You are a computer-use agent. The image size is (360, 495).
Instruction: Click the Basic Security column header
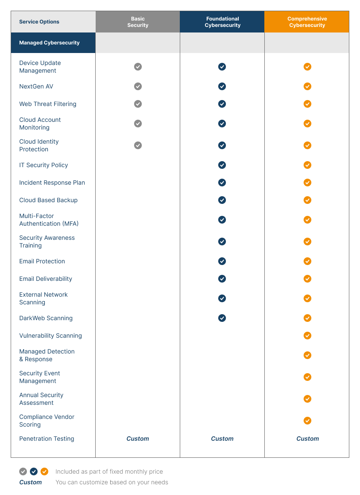[138, 22]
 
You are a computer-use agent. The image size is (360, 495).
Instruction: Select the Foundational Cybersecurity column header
[222, 22]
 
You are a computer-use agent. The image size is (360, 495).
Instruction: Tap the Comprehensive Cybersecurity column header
[307, 22]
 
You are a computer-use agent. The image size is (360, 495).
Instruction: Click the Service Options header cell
[39, 22]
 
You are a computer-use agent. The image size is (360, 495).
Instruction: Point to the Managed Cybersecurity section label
[49, 43]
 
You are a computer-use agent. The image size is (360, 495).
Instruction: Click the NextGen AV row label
[36, 86]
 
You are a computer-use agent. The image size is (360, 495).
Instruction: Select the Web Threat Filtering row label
[48, 104]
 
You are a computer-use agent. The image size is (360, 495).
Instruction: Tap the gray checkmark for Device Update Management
[138, 67]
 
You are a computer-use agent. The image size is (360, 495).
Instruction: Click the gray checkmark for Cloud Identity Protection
[138, 145]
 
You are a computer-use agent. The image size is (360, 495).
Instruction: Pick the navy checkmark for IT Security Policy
[222, 165]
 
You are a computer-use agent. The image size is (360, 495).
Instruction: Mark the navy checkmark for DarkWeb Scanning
[222, 318]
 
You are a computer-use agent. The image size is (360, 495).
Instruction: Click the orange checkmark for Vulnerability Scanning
[307, 336]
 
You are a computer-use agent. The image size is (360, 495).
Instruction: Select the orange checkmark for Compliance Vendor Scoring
[307, 421]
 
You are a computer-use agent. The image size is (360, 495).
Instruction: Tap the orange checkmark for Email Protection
[307, 261]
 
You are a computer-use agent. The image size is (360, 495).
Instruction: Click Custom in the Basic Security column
[138, 439]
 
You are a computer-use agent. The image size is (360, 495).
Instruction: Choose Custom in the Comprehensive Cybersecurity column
[307, 439]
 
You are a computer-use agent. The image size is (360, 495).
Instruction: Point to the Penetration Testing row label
[47, 439]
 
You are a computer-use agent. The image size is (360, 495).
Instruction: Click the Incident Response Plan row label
[52, 183]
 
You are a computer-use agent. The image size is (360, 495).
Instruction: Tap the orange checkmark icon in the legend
[44, 471]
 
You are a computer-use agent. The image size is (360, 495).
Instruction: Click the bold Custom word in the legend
[30, 482]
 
